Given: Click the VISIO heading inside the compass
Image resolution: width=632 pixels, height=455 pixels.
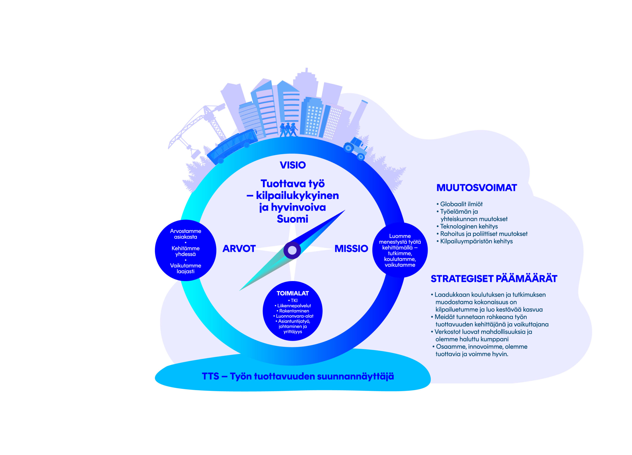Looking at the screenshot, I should click(293, 165).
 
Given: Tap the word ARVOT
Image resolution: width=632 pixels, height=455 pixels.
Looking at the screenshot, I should click(239, 249).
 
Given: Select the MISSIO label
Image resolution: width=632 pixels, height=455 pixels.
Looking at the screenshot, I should click(351, 249).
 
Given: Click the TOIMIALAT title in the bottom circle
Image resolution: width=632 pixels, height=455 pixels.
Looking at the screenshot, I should click(293, 293).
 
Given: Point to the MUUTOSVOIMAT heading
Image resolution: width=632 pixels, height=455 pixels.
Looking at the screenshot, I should click(476, 188).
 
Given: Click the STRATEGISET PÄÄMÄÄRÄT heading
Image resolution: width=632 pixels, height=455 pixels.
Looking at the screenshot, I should click(494, 279).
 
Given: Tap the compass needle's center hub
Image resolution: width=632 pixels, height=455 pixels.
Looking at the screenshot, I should click(292, 250).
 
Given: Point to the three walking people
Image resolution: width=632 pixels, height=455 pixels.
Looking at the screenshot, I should click(288, 130).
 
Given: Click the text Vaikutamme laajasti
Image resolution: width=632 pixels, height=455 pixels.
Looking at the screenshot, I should click(186, 268).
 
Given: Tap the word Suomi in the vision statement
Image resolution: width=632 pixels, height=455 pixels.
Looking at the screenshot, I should click(293, 219).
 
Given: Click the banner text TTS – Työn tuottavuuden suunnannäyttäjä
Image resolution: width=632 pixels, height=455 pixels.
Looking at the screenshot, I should click(298, 376).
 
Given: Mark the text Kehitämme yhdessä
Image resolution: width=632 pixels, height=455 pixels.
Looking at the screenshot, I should click(186, 251).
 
